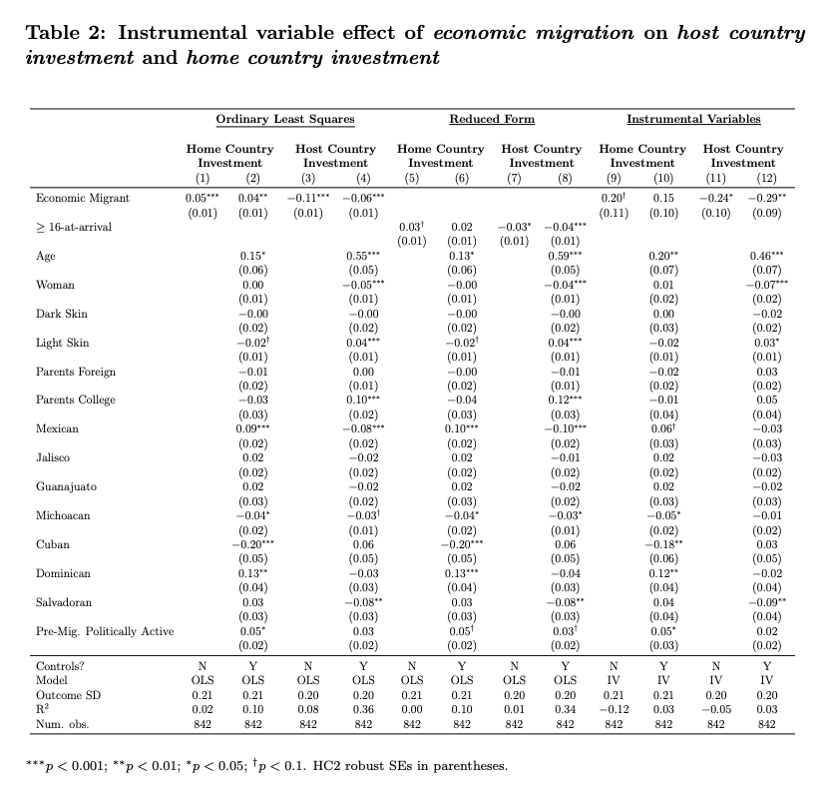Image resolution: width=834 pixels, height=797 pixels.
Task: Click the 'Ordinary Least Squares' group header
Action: pyautogui.click(x=285, y=120)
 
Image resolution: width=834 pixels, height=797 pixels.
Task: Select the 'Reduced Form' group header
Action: pyautogui.click(x=492, y=120)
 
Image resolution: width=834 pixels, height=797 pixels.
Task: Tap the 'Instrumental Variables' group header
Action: pyautogui.click(x=693, y=120)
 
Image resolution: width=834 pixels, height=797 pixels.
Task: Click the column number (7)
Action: pyautogui.click(x=514, y=177)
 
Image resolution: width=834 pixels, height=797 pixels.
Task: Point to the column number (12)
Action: pyautogui.click(x=766, y=177)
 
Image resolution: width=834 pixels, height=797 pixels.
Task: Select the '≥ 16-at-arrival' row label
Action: pyautogui.click(x=74, y=228)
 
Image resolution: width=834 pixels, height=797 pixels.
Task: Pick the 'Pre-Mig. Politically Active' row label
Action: pyautogui.click(x=105, y=631)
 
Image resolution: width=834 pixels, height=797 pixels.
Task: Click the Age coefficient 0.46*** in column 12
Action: pyautogui.click(x=767, y=257)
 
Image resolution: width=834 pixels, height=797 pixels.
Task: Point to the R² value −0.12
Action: pyautogui.click(x=613, y=709)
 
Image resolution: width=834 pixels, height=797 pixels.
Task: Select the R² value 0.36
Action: pyautogui.click(x=363, y=709)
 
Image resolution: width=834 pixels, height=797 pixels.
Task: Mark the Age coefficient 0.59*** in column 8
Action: pyautogui.click(x=565, y=257)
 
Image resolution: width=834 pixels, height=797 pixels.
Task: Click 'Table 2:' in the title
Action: pyautogui.click(x=65, y=33)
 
